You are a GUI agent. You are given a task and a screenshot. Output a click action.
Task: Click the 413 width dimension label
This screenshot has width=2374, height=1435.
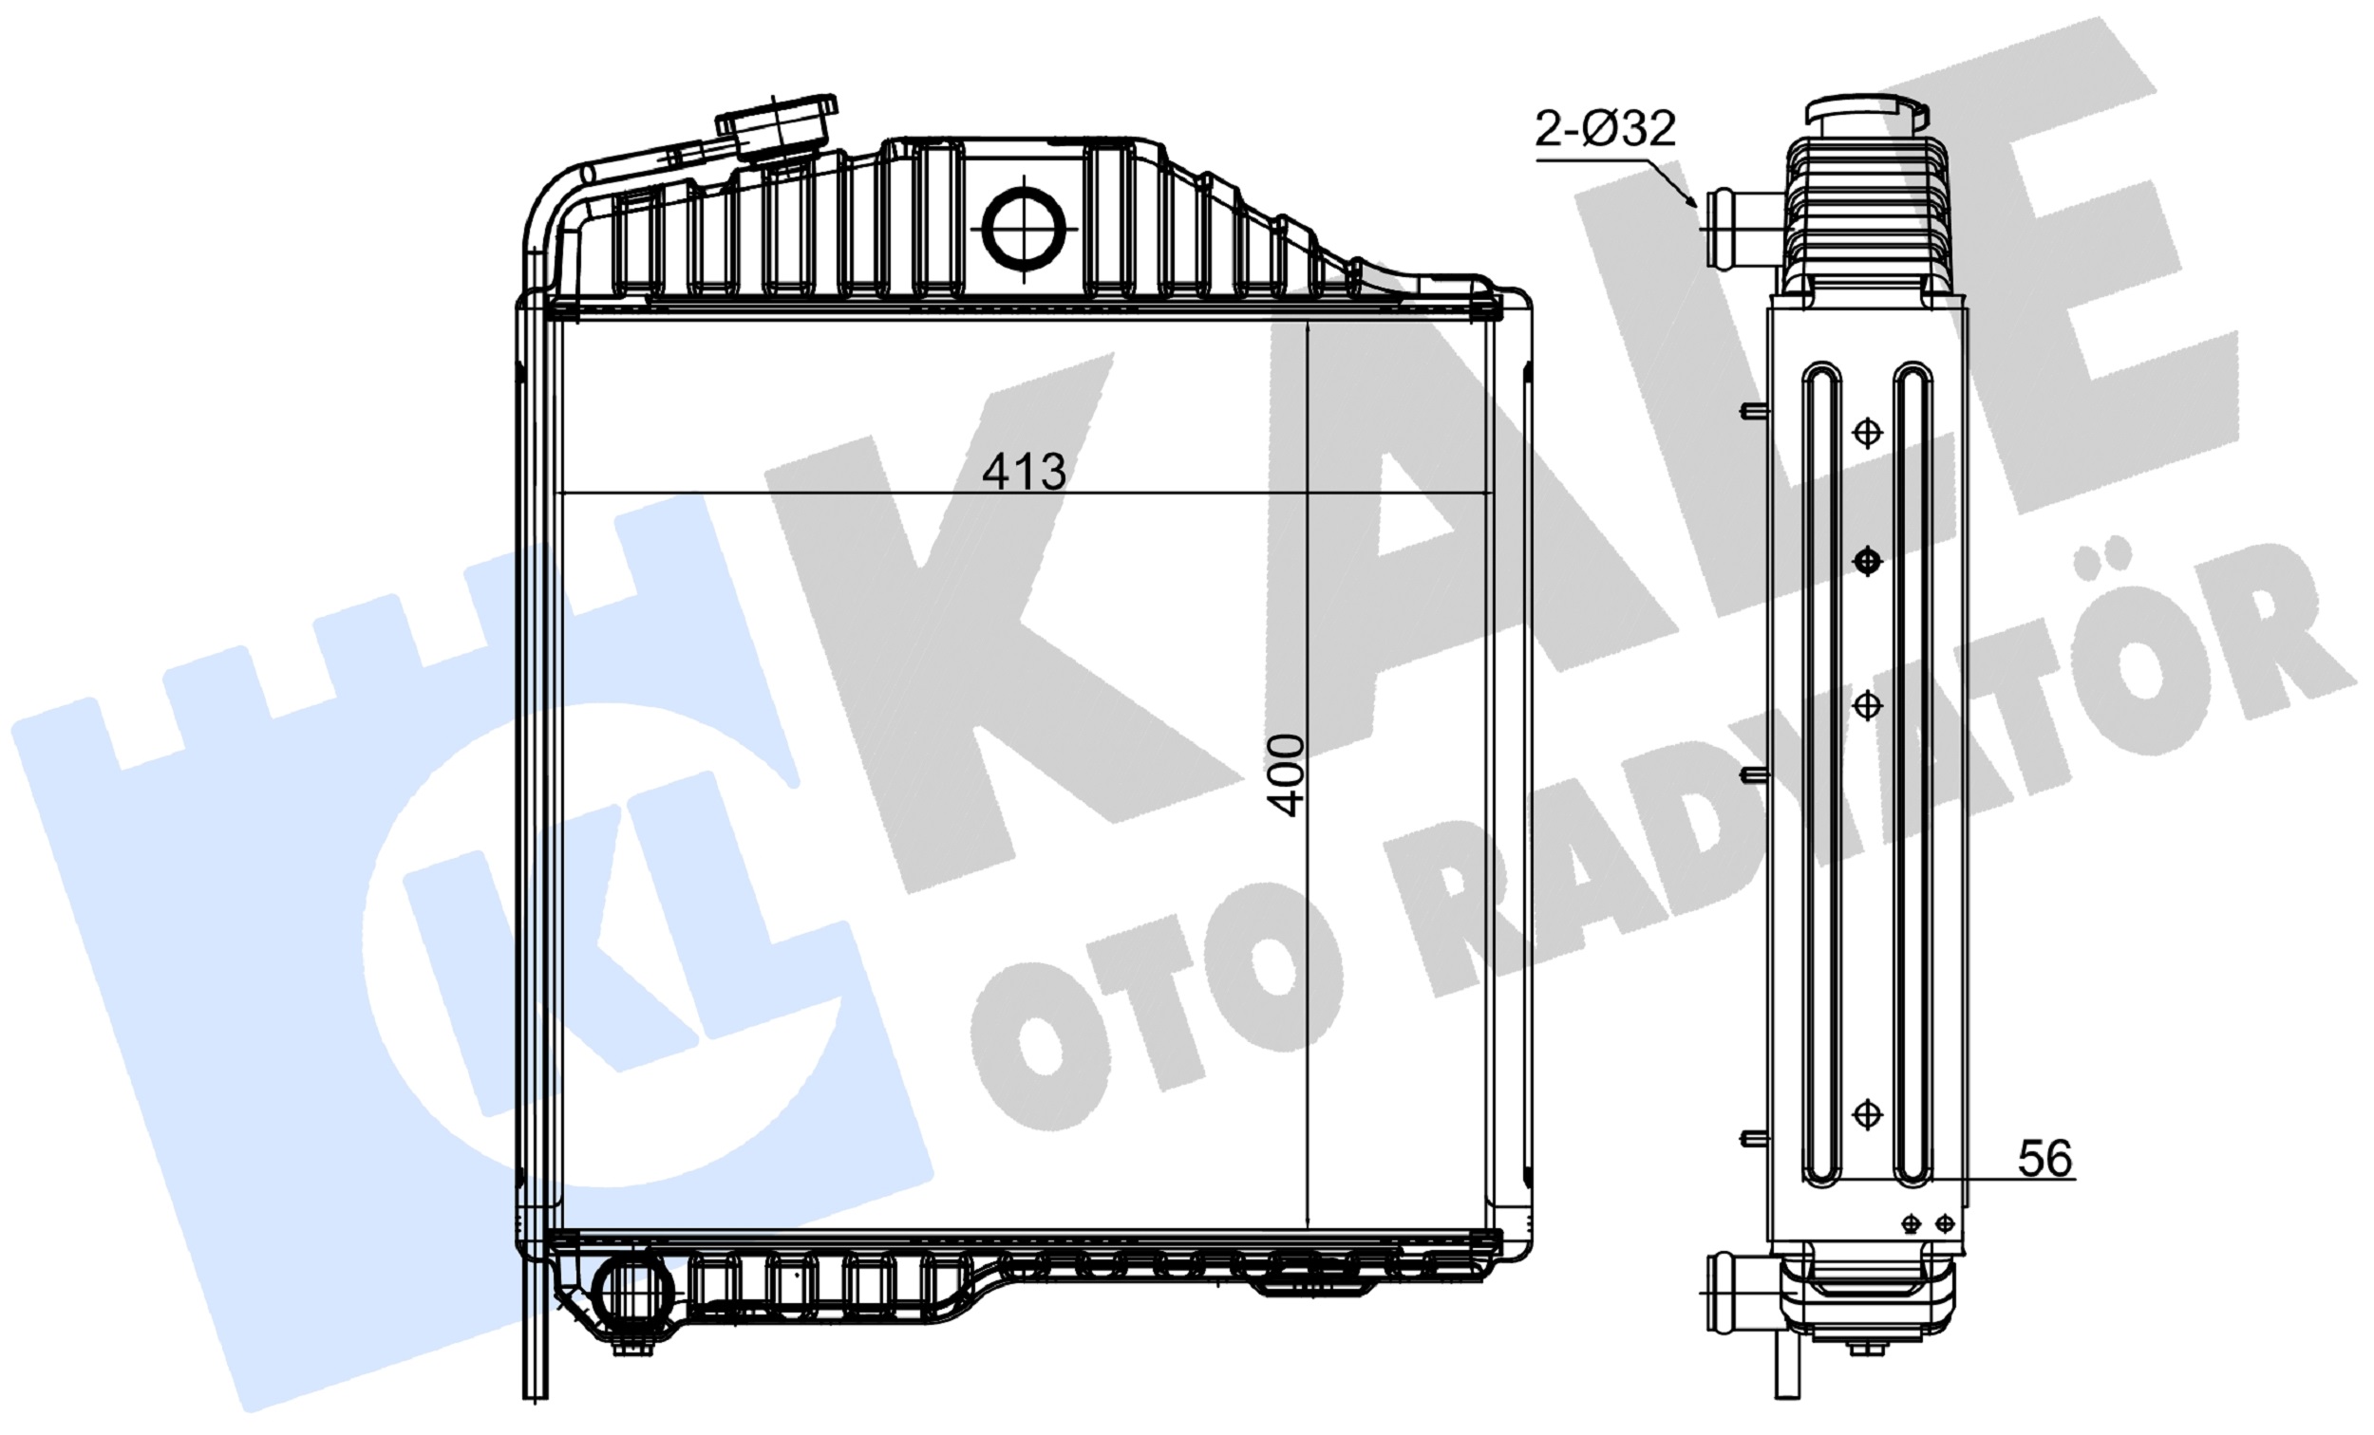point(1024,471)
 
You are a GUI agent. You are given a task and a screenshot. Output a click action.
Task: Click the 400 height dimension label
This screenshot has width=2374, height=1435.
point(1287,774)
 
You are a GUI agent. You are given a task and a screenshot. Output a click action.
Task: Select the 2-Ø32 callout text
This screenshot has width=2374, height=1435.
point(1605,128)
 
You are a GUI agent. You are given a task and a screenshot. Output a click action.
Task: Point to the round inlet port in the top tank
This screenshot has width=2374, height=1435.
point(1024,230)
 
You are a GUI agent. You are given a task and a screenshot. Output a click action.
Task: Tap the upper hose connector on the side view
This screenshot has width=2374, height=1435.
point(1743,230)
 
